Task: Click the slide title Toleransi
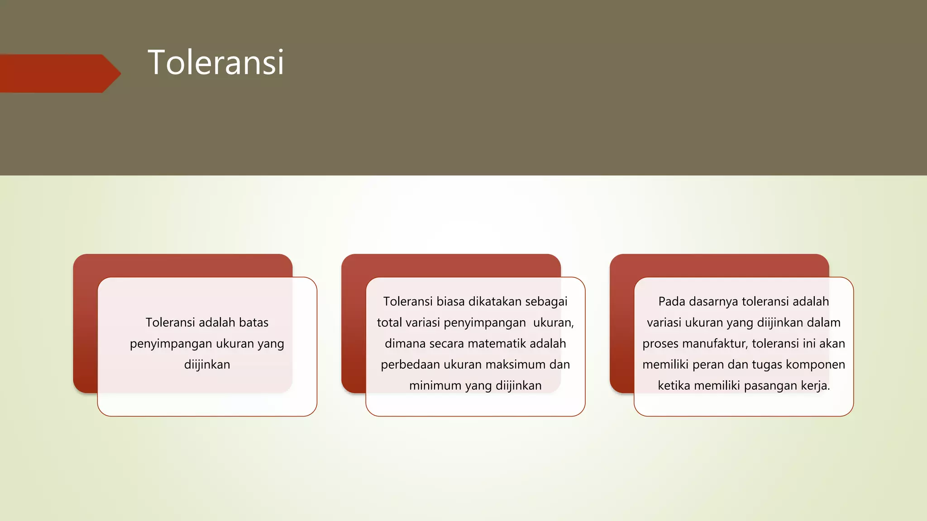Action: (x=216, y=62)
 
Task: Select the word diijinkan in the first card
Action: (x=207, y=365)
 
